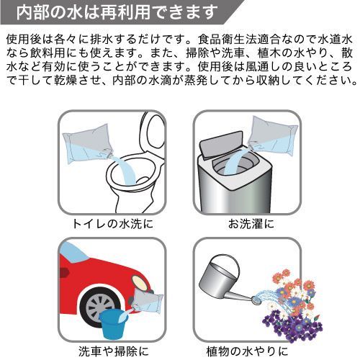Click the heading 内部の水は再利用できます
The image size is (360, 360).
tap(117, 12)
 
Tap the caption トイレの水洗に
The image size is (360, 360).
tap(112, 224)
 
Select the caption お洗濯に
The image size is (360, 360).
tap(251, 224)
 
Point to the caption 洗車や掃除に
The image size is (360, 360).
tap(113, 351)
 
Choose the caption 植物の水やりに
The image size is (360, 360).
tap(247, 351)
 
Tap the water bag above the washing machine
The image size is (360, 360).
tap(273, 136)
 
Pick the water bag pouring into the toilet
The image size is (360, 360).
tap(86, 143)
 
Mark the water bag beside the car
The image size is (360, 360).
tap(147, 300)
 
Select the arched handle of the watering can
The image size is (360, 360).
tap(225, 261)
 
